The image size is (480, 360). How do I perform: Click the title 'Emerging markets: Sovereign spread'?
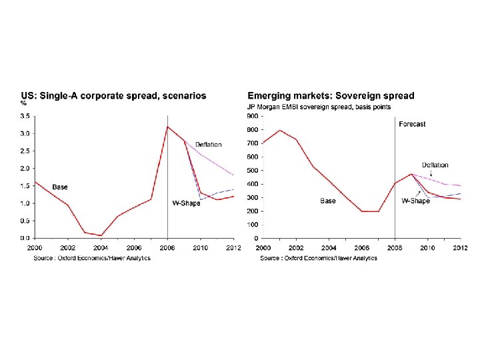(331, 95)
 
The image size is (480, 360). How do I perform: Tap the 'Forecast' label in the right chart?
(412, 124)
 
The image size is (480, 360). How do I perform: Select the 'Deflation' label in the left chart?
(209, 145)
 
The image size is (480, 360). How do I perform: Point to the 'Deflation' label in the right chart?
(435, 165)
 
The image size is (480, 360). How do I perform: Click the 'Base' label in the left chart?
(60, 187)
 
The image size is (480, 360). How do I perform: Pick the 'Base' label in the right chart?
(327, 201)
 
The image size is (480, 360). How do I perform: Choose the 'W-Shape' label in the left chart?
(186, 203)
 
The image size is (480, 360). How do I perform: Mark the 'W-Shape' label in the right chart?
(415, 201)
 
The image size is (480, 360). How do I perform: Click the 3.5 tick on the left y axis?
(24, 116)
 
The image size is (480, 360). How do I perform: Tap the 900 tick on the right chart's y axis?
(253, 116)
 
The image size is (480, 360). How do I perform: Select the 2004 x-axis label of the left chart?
(101, 248)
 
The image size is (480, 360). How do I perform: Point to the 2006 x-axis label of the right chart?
(362, 248)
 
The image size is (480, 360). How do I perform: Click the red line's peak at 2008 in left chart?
(167, 127)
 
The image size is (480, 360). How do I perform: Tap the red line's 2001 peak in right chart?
(279, 130)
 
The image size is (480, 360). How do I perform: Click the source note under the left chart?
(92, 258)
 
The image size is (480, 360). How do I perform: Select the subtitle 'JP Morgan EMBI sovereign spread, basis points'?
(319, 106)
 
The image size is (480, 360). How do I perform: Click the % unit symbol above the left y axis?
(23, 103)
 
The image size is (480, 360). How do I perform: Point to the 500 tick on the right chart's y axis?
(253, 170)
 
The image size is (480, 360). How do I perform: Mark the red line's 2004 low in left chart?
(101, 235)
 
